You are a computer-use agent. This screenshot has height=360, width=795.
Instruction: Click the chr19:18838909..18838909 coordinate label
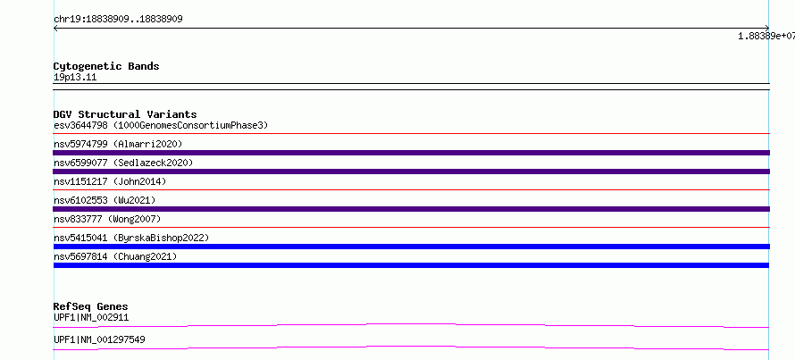(x=118, y=20)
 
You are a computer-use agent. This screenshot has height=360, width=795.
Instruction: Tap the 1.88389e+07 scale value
(x=766, y=36)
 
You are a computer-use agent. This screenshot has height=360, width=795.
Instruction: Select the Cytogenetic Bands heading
(x=106, y=66)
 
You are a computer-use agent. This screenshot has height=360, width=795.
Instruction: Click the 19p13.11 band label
(x=75, y=78)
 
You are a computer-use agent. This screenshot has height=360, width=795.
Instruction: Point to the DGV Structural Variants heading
(x=125, y=114)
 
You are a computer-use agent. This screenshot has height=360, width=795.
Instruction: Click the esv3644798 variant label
(x=80, y=125)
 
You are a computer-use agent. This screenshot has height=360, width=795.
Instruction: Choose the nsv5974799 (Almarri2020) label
(x=118, y=144)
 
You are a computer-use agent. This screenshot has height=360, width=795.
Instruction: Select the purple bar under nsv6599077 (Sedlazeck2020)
(x=412, y=172)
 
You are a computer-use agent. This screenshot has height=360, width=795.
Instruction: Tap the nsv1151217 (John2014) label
(x=110, y=181)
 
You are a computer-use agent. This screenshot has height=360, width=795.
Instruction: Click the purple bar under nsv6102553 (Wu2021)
(x=412, y=209)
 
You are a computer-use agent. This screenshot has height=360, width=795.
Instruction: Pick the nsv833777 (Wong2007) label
(x=107, y=219)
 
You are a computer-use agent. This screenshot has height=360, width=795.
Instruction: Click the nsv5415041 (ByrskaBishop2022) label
(x=131, y=238)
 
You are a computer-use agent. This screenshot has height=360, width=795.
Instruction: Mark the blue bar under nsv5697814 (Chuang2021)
(x=411, y=265)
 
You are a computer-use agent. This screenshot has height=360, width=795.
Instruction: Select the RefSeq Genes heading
(x=91, y=306)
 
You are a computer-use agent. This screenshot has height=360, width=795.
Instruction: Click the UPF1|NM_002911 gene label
(x=91, y=318)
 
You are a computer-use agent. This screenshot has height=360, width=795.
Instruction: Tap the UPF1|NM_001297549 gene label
(x=99, y=339)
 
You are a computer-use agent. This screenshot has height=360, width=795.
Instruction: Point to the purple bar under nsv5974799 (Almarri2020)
(x=412, y=153)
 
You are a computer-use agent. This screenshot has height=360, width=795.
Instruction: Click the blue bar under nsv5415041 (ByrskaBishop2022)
(x=412, y=247)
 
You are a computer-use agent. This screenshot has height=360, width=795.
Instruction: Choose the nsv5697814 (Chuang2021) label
(x=115, y=256)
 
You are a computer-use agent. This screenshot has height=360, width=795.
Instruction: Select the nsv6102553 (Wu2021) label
(x=105, y=200)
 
